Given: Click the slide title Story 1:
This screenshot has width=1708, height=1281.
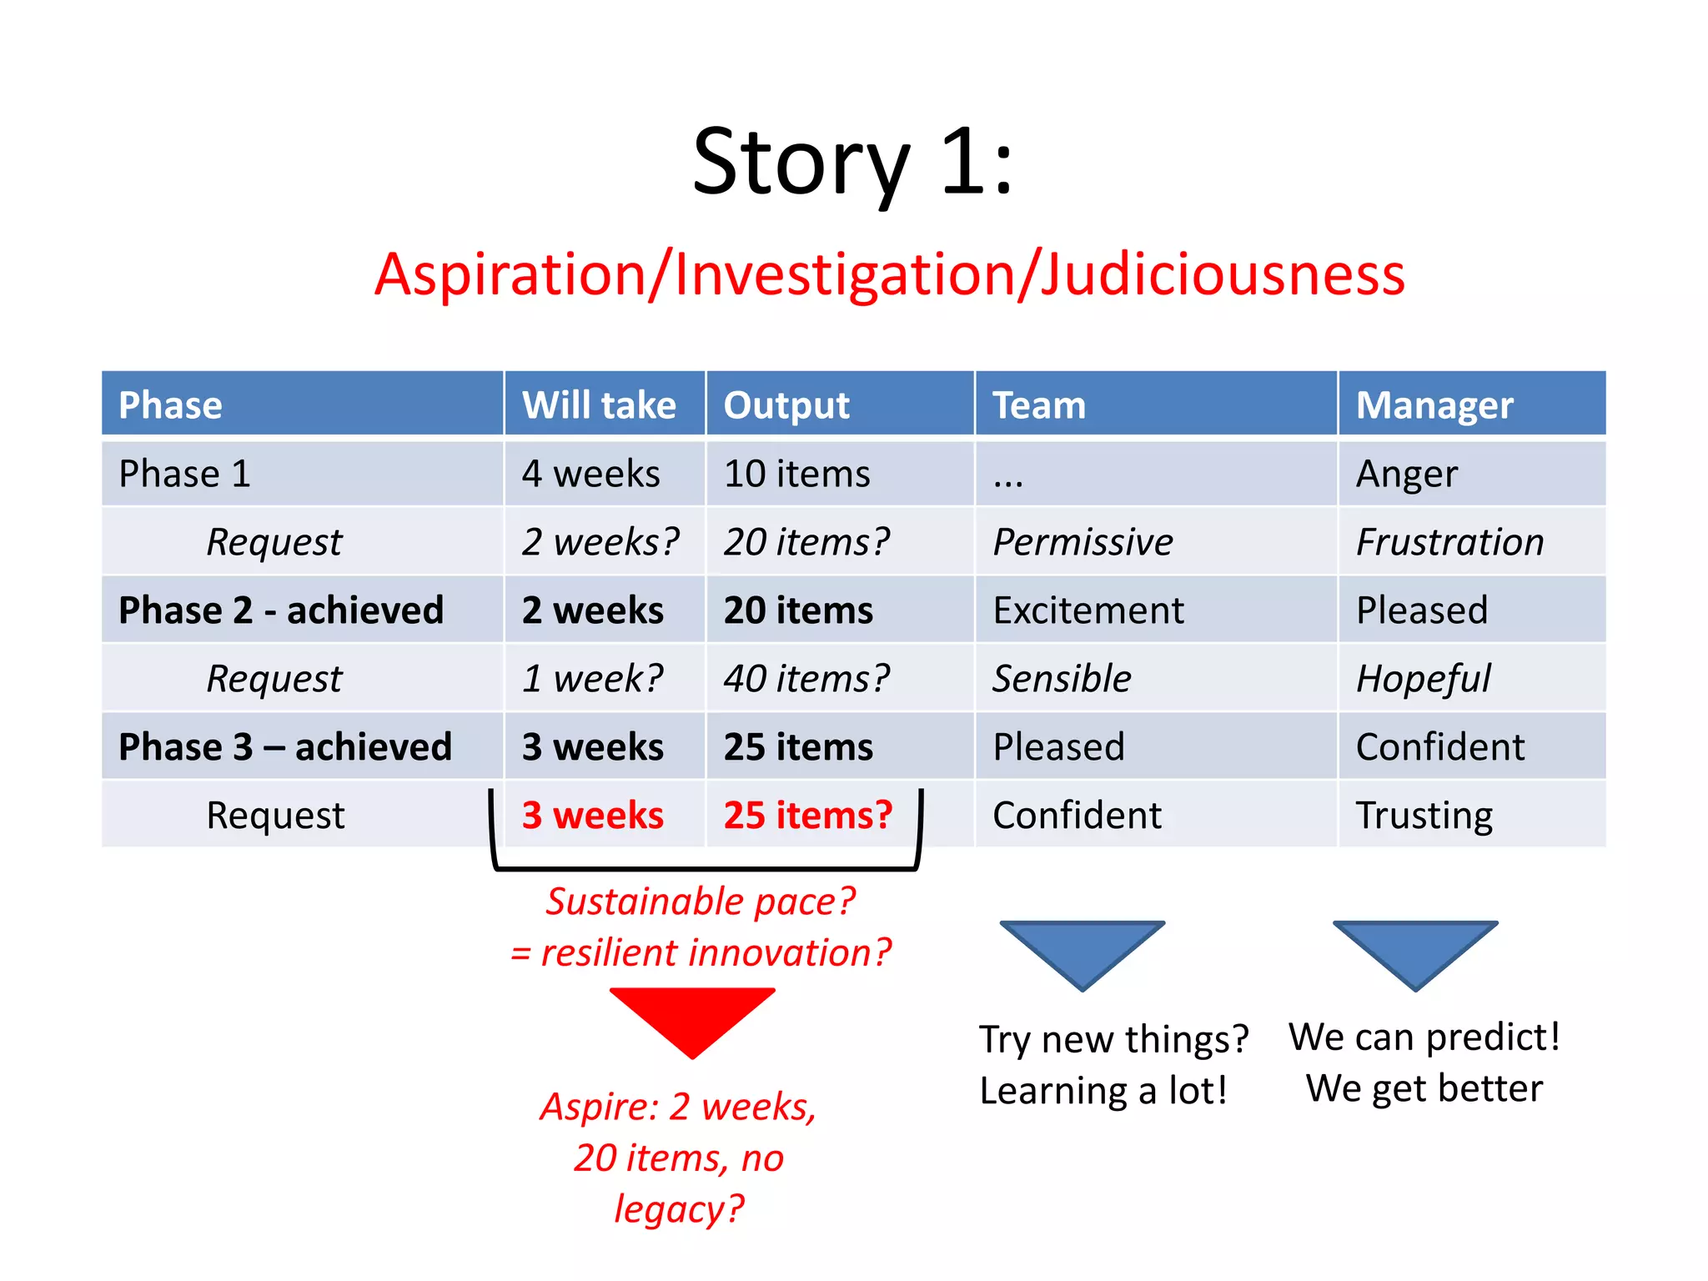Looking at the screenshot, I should click(x=852, y=163).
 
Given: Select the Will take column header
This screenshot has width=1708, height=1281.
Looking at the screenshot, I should click(x=599, y=405).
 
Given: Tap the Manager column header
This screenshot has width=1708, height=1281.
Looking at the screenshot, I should click(x=1434, y=405).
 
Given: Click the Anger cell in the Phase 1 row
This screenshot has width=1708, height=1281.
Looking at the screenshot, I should click(x=1406, y=474).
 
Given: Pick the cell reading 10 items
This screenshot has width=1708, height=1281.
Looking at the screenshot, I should click(x=796, y=474).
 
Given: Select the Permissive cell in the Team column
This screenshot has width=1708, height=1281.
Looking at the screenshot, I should click(x=1082, y=542).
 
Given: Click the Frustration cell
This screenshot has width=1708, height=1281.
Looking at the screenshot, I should click(x=1449, y=542).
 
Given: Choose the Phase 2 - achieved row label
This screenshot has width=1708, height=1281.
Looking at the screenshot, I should click(x=281, y=610).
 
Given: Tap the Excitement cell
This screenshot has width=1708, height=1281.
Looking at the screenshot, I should click(x=1088, y=610).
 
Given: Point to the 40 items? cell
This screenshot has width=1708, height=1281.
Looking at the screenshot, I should click(x=806, y=679).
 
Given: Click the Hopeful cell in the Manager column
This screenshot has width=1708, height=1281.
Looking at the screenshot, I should click(x=1423, y=679).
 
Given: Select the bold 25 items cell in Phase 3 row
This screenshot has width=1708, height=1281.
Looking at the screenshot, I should click(x=798, y=747).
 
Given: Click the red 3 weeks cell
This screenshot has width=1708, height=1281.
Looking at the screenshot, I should click(x=593, y=816).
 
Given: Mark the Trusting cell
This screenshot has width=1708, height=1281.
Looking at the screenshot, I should click(x=1424, y=816).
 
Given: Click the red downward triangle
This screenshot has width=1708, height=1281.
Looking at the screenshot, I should click(x=692, y=1017).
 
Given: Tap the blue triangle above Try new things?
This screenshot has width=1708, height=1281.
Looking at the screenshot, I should click(x=1082, y=951).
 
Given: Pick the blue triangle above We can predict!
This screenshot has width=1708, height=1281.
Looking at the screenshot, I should click(x=1415, y=951).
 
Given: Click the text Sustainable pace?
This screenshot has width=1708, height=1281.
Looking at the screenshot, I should click(x=701, y=902).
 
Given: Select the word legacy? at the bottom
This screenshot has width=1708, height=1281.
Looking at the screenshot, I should click(x=679, y=1208).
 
